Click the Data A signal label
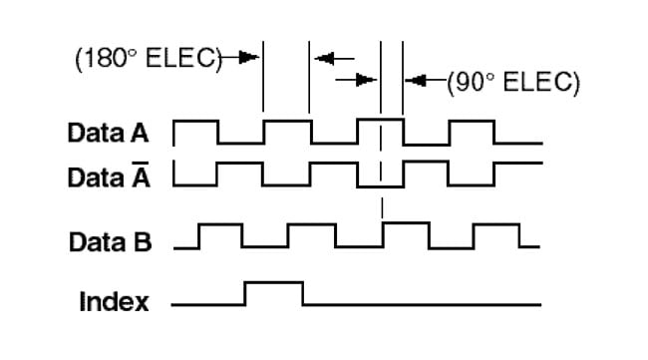109,132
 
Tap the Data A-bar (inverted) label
109,178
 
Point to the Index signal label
114,301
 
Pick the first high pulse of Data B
220,225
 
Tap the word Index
114,301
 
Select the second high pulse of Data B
312,225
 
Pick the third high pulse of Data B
404,225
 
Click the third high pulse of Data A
380,120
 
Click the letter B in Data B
143,241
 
